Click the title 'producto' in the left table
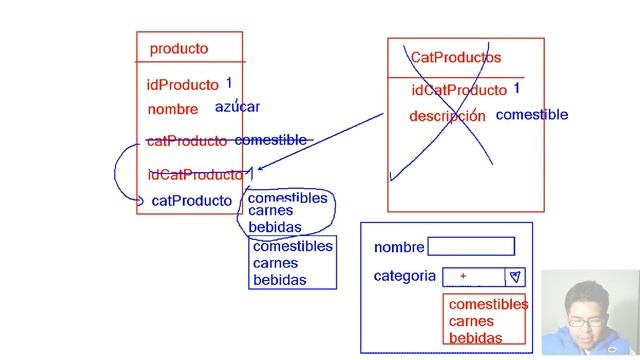[x=179, y=48]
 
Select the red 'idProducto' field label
[x=183, y=85]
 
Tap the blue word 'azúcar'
[x=238, y=107]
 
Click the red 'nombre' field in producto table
[x=173, y=109]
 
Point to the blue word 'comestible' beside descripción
[x=532, y=114]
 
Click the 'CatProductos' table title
[x=456, y=58]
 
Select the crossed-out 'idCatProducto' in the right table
[x=459, y=90]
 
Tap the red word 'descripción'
[x=447, y=116]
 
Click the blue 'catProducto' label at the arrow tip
[x=191, y=201]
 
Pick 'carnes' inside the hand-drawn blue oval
[x=271, y=211]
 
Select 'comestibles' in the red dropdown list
[x=488, y=304]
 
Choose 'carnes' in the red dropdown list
[x=471, y=321]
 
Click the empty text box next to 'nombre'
[x=471, y=246]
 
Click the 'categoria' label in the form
[x=404, y=276]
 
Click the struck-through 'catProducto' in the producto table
[x=187, y=141]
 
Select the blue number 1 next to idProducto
[x=229, y=83]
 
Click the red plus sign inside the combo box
[x=463, y=276]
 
